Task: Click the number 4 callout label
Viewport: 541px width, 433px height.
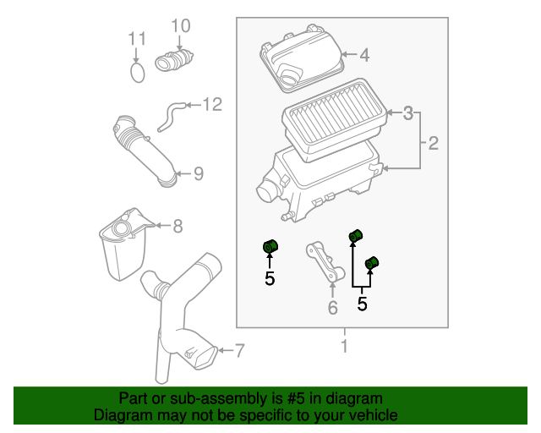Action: click(x=364, y=56)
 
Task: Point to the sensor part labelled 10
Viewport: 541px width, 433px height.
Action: click(x=174, y=62)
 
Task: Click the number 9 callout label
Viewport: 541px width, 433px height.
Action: click(x=198, y=173)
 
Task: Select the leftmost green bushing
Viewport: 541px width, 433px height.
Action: click(x=270, y=247)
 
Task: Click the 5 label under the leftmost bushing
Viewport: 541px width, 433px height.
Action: click(x=270, y=278)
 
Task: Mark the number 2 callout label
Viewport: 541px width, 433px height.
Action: click(x=433, y=144)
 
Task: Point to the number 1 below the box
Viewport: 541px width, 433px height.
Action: click(x=343, y=346)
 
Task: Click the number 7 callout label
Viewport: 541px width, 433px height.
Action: click(x=239, y=350)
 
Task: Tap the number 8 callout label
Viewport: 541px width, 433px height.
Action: click(x=178, y=226)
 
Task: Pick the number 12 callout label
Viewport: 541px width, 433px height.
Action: click(x=211, y=105)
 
